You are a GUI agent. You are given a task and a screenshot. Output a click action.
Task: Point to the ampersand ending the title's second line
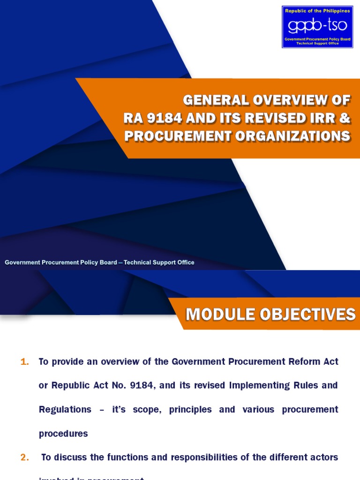pos(345,118)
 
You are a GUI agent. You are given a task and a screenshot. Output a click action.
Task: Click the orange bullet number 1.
pos(25,362)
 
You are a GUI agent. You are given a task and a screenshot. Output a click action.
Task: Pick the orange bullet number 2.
pos(25,457)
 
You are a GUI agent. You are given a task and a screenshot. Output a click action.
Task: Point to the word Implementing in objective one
pos(257,386)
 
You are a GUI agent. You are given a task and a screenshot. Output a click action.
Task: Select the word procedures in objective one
pos(63,434)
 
